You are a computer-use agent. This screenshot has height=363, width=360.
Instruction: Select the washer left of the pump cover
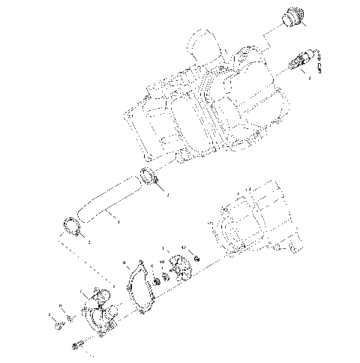pos(70,318)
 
